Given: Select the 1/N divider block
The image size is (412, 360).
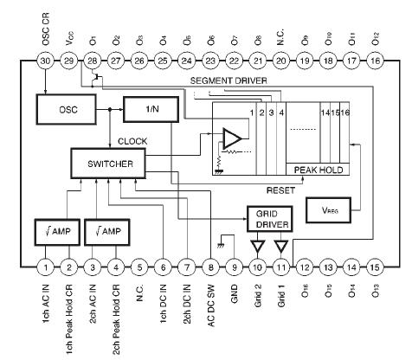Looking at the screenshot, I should click(149, 110).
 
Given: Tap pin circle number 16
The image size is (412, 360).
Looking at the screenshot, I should click(375, 61).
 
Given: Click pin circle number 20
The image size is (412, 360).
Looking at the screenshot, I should click(280, 61).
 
